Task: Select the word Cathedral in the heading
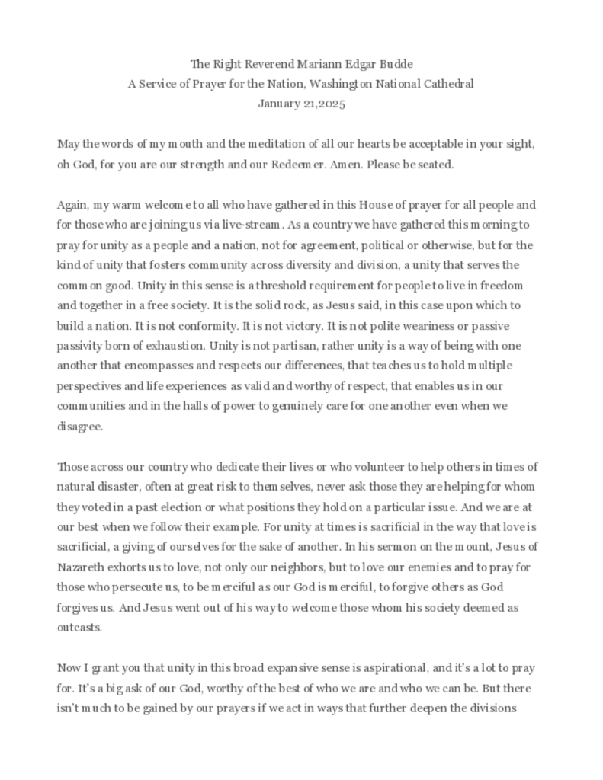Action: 441,84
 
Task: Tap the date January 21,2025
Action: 301,104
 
